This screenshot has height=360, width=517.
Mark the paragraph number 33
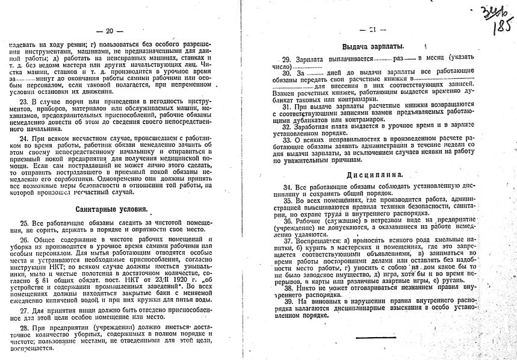point(286,139)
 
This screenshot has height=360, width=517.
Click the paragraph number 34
point(286,188)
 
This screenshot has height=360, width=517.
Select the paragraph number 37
point(286,238)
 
